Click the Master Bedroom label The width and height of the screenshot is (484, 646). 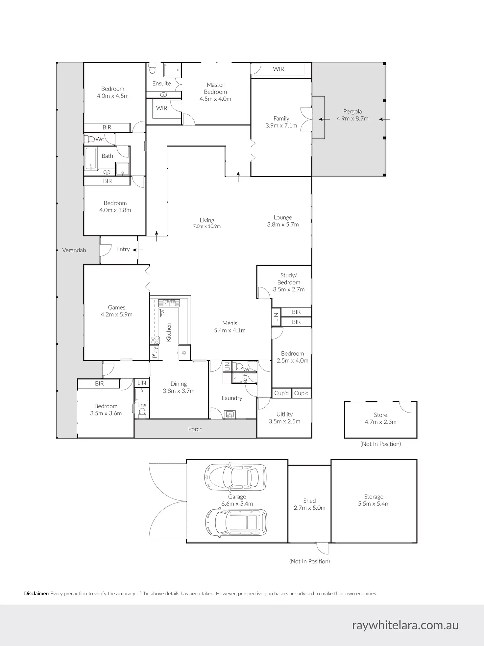(215, 88)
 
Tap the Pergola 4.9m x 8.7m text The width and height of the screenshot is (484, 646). (352, 115)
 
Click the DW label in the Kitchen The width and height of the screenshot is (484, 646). (162, 313)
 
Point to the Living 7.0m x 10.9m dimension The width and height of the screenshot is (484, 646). (207, 226)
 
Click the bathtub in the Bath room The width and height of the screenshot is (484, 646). (90, 158)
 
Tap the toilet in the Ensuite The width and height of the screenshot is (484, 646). (152, 69)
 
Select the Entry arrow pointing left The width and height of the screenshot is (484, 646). (138, 250)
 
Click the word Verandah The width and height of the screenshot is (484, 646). (74, 250)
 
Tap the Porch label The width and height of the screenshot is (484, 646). (195, 429)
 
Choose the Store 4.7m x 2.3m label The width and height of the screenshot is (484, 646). (380, 418)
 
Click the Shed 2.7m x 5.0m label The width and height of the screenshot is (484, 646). (309, 504)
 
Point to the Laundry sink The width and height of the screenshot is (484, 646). (230, 414)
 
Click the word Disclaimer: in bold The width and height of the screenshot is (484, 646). (36, 594)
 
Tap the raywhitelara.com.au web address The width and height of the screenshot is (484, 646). (405, 625)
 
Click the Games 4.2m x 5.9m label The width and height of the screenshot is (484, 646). (116, 311)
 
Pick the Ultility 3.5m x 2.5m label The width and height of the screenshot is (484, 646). (284, 418)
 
